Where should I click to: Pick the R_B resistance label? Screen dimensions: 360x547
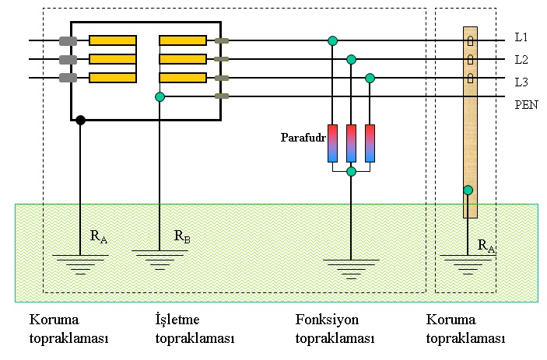(181, 237)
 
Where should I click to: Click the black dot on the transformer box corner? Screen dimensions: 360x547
(80, 120)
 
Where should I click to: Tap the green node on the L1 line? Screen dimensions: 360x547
(332, 40)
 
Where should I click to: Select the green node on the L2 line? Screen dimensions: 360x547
(351, 59)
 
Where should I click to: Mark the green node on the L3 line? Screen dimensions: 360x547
(370, 78)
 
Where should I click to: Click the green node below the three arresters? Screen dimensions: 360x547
(351, 171)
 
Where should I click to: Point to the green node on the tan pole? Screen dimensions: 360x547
(468, 190)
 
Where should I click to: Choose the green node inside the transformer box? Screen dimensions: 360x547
(160, 96)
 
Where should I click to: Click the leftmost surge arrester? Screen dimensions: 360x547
(332, 143)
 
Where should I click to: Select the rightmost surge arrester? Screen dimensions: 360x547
(370, 143)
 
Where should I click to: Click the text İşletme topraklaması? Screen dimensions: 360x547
(195, 329)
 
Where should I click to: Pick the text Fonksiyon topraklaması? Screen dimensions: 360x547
(335, 329)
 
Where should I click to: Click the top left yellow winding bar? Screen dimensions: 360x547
(113, 40)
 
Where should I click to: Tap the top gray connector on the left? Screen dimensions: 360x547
(68, 40)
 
